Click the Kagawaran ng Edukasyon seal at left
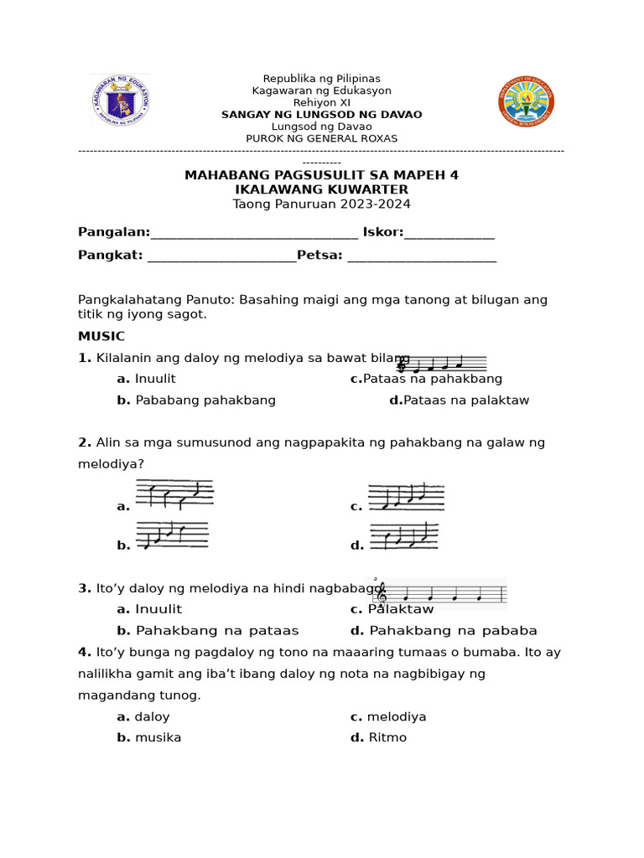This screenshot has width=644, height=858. pyautogui.click(x=120, y=101)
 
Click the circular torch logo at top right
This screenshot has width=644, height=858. pyautogui.click(x=526, y=101)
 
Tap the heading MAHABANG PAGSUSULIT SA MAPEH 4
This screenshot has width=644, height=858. pyautogui.click(x=321, y=175)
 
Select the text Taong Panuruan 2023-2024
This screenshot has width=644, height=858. pyautogui.click(x=321, y=204)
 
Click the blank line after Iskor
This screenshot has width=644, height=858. pyautogui.click(x=449, y=232)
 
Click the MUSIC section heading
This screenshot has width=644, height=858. pyautogui.click(x=101, y=336)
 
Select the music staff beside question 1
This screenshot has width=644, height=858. pyautogui.click(x=442, y=364)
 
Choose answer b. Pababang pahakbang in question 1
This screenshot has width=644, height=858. pyautogui.click(x=197, y=401)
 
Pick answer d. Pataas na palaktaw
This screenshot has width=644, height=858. pyautogui.click(x=460, y=401)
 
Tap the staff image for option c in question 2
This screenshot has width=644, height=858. pyautogui.click(x=406, y=496)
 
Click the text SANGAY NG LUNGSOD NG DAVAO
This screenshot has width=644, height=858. pyautogui.click(x=321, y=115)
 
